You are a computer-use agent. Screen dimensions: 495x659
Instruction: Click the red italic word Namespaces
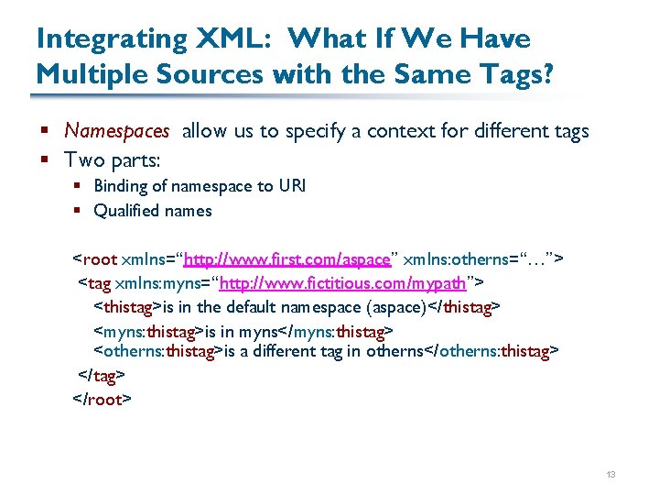pyautogui.click(x=116, y=131)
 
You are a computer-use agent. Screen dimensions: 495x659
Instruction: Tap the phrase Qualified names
pyautogui.click(x=152, y=211)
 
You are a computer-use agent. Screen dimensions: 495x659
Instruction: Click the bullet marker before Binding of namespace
pyautogui.click(x=79, y=186)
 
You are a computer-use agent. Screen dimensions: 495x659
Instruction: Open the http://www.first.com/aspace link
pyautogui.click(x=286, y=259)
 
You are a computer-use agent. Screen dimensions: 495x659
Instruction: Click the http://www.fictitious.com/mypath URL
pyautogui.click(x=344, y=282)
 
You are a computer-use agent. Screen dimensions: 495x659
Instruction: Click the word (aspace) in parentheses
pyautogui.click(x=396, y=305)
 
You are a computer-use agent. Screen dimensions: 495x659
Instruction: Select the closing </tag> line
pyautogui.click(x=101, y=376)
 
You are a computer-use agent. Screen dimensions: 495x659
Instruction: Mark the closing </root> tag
pyautogui.click(x=103, y=399)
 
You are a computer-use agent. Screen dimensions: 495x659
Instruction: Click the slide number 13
pyautogui.click(x=610, y=474)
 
